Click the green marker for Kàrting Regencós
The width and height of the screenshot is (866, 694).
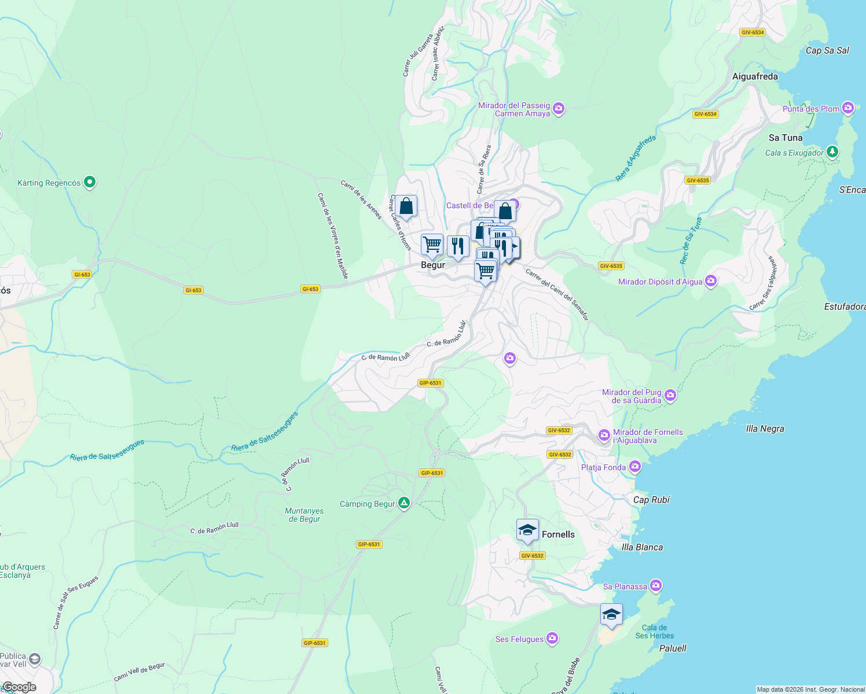click(89, 183)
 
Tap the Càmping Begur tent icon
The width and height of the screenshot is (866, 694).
click(404, 503)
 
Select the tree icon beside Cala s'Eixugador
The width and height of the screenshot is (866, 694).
click(832, 152)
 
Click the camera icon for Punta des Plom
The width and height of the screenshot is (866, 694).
click(848, 108)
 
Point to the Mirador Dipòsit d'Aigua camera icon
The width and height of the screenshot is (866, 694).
click(711, 282)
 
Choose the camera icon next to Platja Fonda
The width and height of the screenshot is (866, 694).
click(635, 467)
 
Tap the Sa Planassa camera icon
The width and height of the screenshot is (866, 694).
click(655, 586)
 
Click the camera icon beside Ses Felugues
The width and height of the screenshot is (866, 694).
click(552, 638)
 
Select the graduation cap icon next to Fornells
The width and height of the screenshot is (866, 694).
click(527, 530)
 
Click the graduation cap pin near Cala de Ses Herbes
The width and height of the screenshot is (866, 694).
click(611, 614)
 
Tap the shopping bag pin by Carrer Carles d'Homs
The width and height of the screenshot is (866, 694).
click(406, 206)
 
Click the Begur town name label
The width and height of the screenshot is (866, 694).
click(433, 265)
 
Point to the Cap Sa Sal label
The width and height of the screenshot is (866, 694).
click(827, 50)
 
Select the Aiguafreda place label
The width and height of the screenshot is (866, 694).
click(755, 76)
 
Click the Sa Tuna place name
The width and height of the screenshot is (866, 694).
click(786, 138)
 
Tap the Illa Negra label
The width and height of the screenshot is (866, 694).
click(765, 429)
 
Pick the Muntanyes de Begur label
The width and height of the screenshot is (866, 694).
click(304, 515)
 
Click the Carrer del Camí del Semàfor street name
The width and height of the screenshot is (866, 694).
click(557, 294)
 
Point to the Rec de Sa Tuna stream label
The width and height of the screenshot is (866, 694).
click(691, 241)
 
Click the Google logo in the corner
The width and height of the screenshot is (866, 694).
click(19, 687)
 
